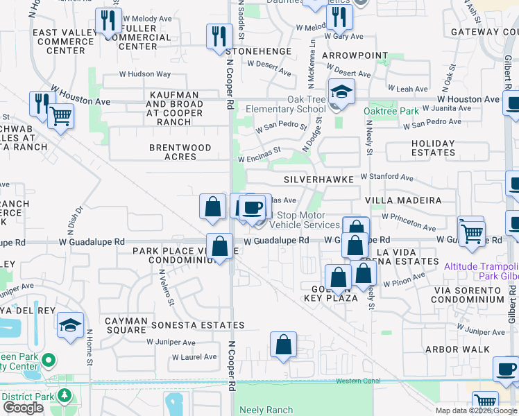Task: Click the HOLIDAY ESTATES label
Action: (423, 148)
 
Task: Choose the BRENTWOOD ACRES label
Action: (180, 153)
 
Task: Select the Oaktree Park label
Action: (392, 111)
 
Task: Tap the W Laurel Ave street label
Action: (195, 357)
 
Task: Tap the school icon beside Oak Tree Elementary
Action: (341, 92)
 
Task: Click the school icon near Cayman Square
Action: (71, 325)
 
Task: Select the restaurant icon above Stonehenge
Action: (219, 36)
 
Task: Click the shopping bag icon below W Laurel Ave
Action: (284, 345)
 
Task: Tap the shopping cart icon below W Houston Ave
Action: (60, 116)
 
